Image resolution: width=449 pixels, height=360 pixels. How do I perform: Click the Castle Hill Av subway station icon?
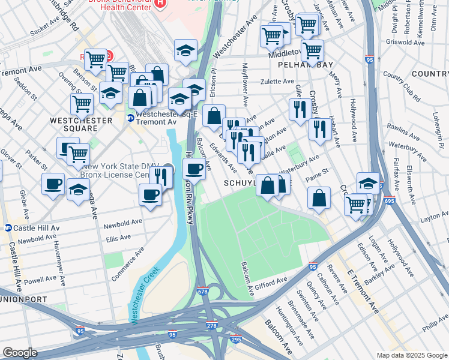8,228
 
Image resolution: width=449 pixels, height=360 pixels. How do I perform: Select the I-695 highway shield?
390,201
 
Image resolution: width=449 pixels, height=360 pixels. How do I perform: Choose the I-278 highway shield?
212,326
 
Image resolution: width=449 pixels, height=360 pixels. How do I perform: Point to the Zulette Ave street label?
277,81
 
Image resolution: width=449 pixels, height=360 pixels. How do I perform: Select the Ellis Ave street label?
118,238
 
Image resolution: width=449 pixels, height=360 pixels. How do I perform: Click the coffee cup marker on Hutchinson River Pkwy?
194,170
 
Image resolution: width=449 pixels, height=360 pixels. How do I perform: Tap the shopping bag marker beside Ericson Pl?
214,115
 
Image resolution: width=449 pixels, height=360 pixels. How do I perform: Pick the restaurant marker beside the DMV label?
161,176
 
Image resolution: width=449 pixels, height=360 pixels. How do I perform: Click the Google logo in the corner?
20,353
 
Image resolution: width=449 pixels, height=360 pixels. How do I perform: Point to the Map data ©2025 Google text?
411,355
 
